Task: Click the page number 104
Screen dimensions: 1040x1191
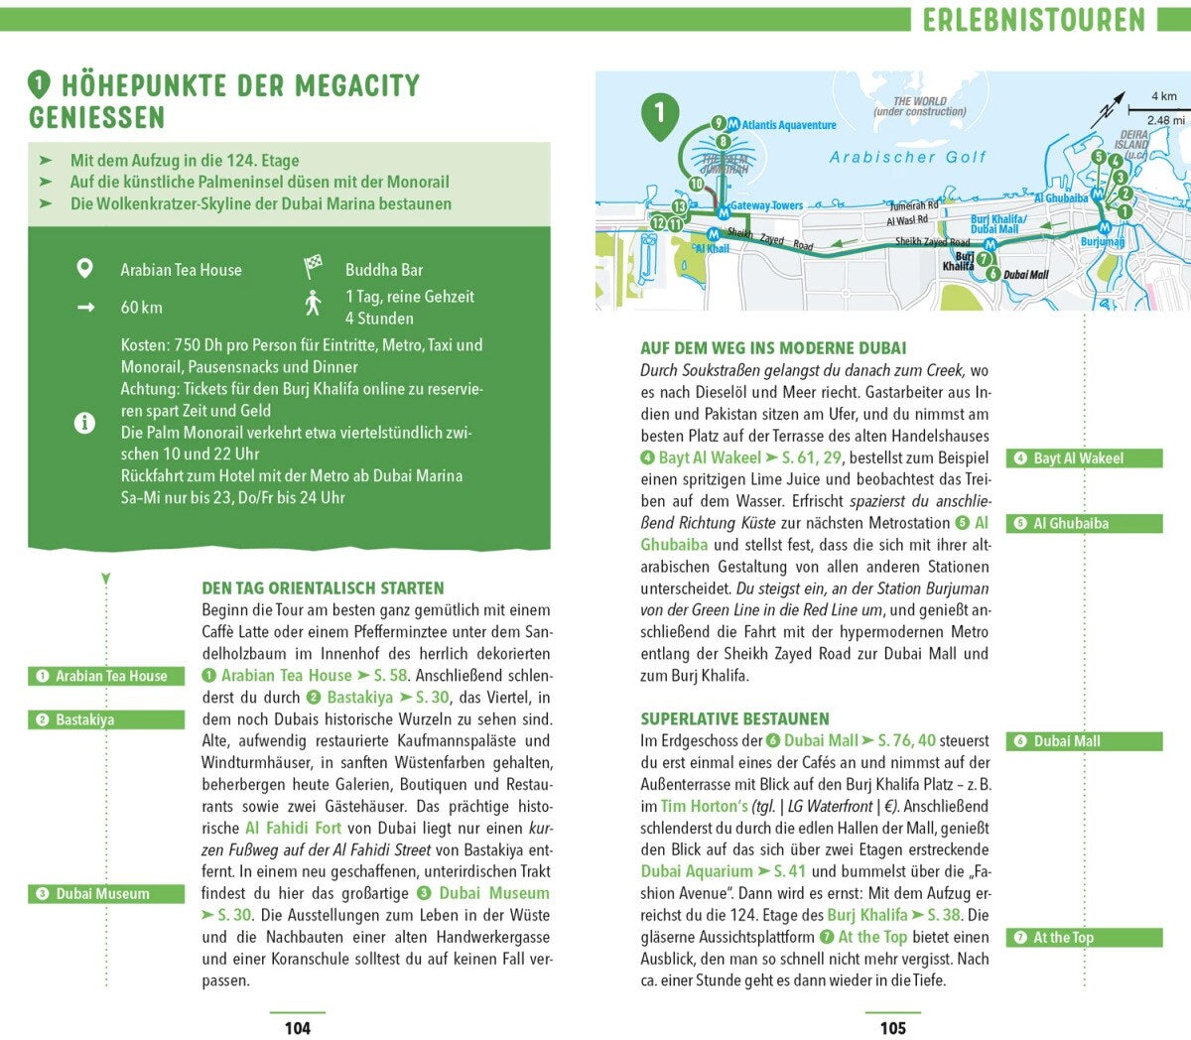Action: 298,1028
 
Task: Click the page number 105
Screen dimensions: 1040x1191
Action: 893,1028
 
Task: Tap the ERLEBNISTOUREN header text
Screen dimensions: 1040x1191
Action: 1033,20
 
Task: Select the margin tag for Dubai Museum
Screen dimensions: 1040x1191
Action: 105,893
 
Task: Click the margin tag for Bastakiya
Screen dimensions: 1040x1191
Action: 105,719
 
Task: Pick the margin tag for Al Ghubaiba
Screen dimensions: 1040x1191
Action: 1084,523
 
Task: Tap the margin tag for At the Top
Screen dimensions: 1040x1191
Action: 1084,937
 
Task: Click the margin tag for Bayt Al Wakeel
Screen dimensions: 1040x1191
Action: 1084,458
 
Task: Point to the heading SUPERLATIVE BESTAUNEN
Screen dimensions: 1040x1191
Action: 734,718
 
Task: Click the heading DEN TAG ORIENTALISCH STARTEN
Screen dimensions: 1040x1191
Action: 323,587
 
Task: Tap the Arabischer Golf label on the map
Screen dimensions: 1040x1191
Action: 908,157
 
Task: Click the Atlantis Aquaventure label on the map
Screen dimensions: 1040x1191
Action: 789,125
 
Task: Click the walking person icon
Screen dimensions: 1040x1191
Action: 314,303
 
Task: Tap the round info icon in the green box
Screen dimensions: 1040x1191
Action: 85,423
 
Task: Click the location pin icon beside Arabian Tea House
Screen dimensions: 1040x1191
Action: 85,269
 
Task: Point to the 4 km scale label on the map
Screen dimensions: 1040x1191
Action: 1163,96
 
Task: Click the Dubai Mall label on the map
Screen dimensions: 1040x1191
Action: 1025,275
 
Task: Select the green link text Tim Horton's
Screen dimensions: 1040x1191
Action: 705,806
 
